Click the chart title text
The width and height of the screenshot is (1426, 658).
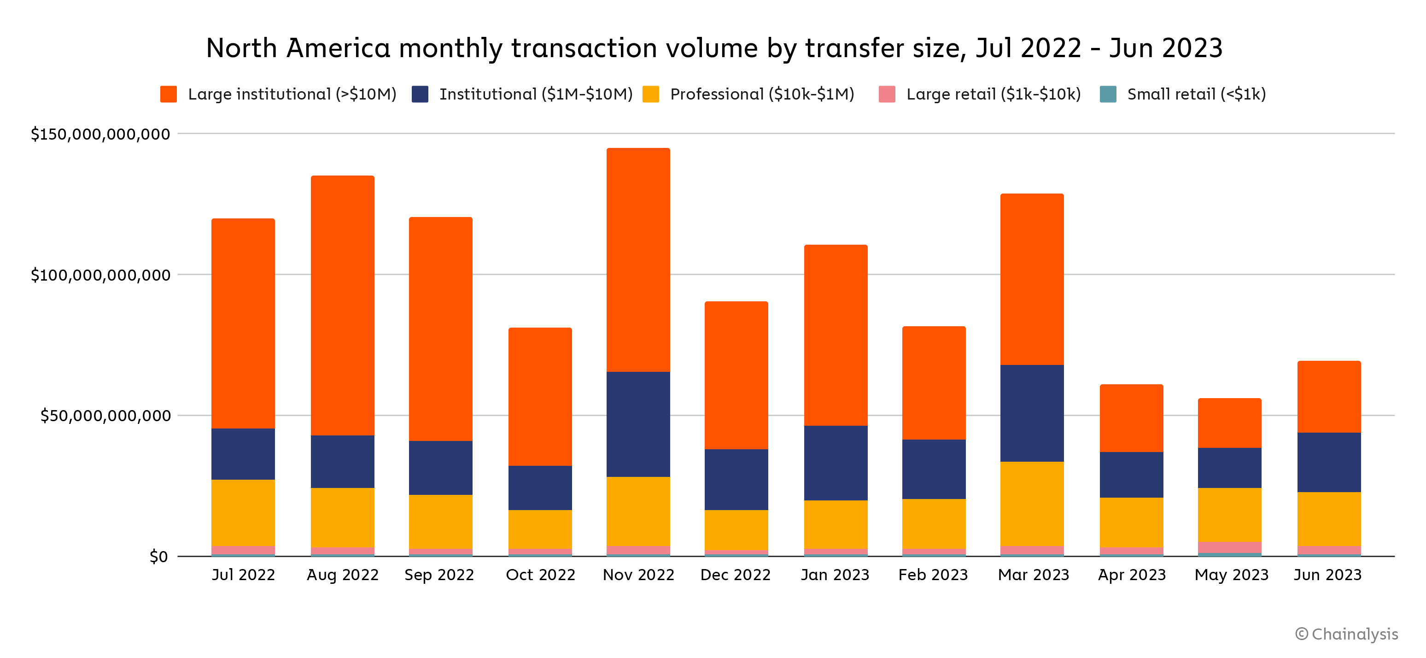(x=714, y=48)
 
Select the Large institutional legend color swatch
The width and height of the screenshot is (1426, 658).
(x=168, y=94)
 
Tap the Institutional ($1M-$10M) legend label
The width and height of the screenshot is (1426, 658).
(x=535, y=94)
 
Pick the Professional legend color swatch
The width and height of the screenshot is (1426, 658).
(x=650, y=94)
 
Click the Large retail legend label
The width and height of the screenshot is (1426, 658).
(x=993, y=94)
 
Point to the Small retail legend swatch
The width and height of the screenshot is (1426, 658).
(x=1108, y=94)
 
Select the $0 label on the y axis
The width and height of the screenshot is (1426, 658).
(x=158, y=557)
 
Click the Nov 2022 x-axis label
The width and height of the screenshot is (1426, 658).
(x=638, y=575)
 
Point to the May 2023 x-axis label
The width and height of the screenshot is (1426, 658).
(x=1231, y=575)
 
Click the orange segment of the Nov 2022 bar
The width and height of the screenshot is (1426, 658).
(x=638, y=260)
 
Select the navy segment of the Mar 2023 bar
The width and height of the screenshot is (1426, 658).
(x=1032, y=413)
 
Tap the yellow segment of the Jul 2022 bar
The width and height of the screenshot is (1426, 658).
(x=243, y=512)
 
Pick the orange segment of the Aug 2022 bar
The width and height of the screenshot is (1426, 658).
(x=343, y=305)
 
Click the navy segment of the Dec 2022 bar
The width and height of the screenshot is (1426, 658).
(x=736, y=479)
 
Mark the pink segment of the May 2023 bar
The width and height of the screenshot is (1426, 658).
(x=1229, y=547)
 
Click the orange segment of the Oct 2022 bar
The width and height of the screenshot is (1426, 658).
(x=540, y=397)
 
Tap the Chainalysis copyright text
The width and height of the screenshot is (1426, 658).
(x=1346, y=634)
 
